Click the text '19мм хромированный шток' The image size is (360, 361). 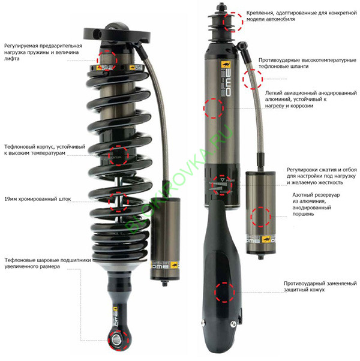tap(38, 199)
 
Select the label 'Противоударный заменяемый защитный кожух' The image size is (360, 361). tap(320, 287)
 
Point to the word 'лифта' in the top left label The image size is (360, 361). tap(12, 59)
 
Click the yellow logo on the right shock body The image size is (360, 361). tap(226, 64)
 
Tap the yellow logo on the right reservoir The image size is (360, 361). tap(266, 239)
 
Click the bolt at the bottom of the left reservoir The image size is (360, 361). tap(164, 283)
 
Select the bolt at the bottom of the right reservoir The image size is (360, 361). tap(260, 257)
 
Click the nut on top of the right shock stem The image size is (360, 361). tap(221, 7)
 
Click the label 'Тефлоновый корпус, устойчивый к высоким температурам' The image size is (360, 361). tap(44, 150)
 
